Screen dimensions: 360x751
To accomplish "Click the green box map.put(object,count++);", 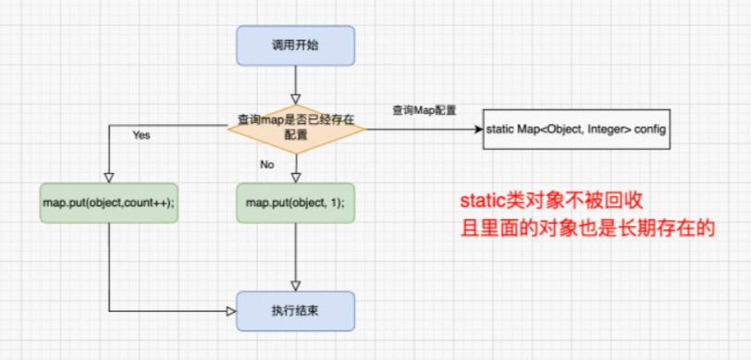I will pos(108,201).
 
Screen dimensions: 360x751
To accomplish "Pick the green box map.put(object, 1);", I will pos(294,201).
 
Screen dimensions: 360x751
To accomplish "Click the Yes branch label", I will pos(141,135).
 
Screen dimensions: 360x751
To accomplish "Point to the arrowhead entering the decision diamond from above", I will pos(295,96).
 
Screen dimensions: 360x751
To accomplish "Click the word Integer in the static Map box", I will pos(607,130).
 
